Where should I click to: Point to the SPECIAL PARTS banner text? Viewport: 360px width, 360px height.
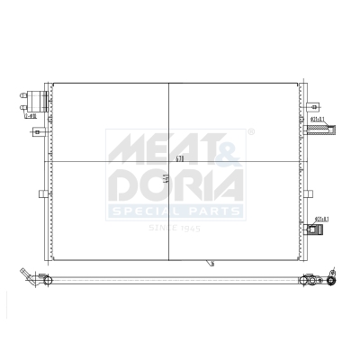pos(175,211)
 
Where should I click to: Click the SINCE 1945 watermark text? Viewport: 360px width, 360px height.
pos(175,228)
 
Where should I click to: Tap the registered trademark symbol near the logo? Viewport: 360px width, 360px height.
pos(250,133)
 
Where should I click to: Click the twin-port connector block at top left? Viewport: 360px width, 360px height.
pos(37,102)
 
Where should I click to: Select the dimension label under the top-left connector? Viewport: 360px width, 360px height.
pos(29,115)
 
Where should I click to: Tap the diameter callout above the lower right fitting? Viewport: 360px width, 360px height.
pos(321,219)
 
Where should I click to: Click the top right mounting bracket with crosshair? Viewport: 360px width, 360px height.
pos(309,104)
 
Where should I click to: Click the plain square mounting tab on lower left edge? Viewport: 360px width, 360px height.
pos(41,194)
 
